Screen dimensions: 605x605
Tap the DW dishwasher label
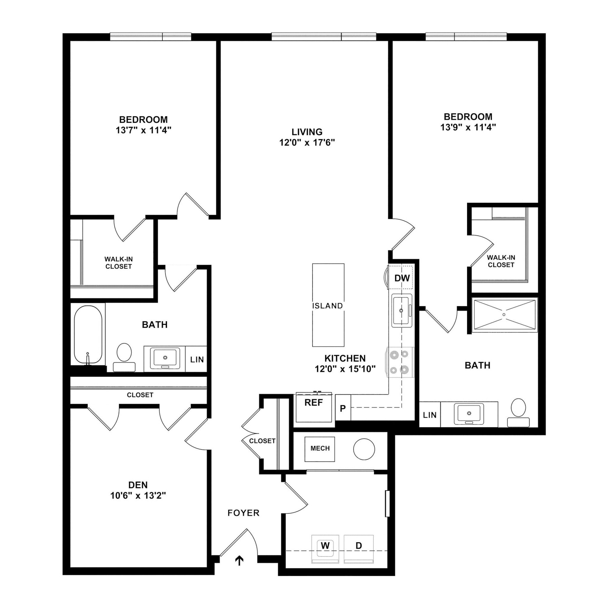pyautogui.click(x=402, y=278)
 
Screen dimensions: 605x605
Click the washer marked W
pyautogui.click(x=325, y=546)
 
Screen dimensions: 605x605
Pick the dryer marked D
pyautogui.click(x=359, y=546)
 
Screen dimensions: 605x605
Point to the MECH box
pyautogui.click(x=320, y=448)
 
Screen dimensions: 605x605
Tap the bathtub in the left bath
pyautogui.click(x=88, y=334)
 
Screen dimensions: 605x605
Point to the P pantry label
pyautogui.click(x=343, y=408)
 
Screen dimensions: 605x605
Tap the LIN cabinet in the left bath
pyautogui.click(x=197, y=360)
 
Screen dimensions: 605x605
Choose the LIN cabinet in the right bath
pyautogui.click(x=429, y=415)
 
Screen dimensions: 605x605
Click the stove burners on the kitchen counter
pyautogui.click(x=399, y=362)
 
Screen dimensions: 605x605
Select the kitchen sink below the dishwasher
pyautogui.click(x=401, y=311)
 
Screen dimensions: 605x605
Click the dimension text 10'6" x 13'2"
pyautogui.click(x=138, y=496)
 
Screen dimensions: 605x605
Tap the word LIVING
pyautogui.click(x=307, y=132)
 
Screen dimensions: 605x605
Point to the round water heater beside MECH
pyautogui.click(x=364, y=449)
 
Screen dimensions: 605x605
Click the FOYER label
pyautogui.click(x=243, y=513)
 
